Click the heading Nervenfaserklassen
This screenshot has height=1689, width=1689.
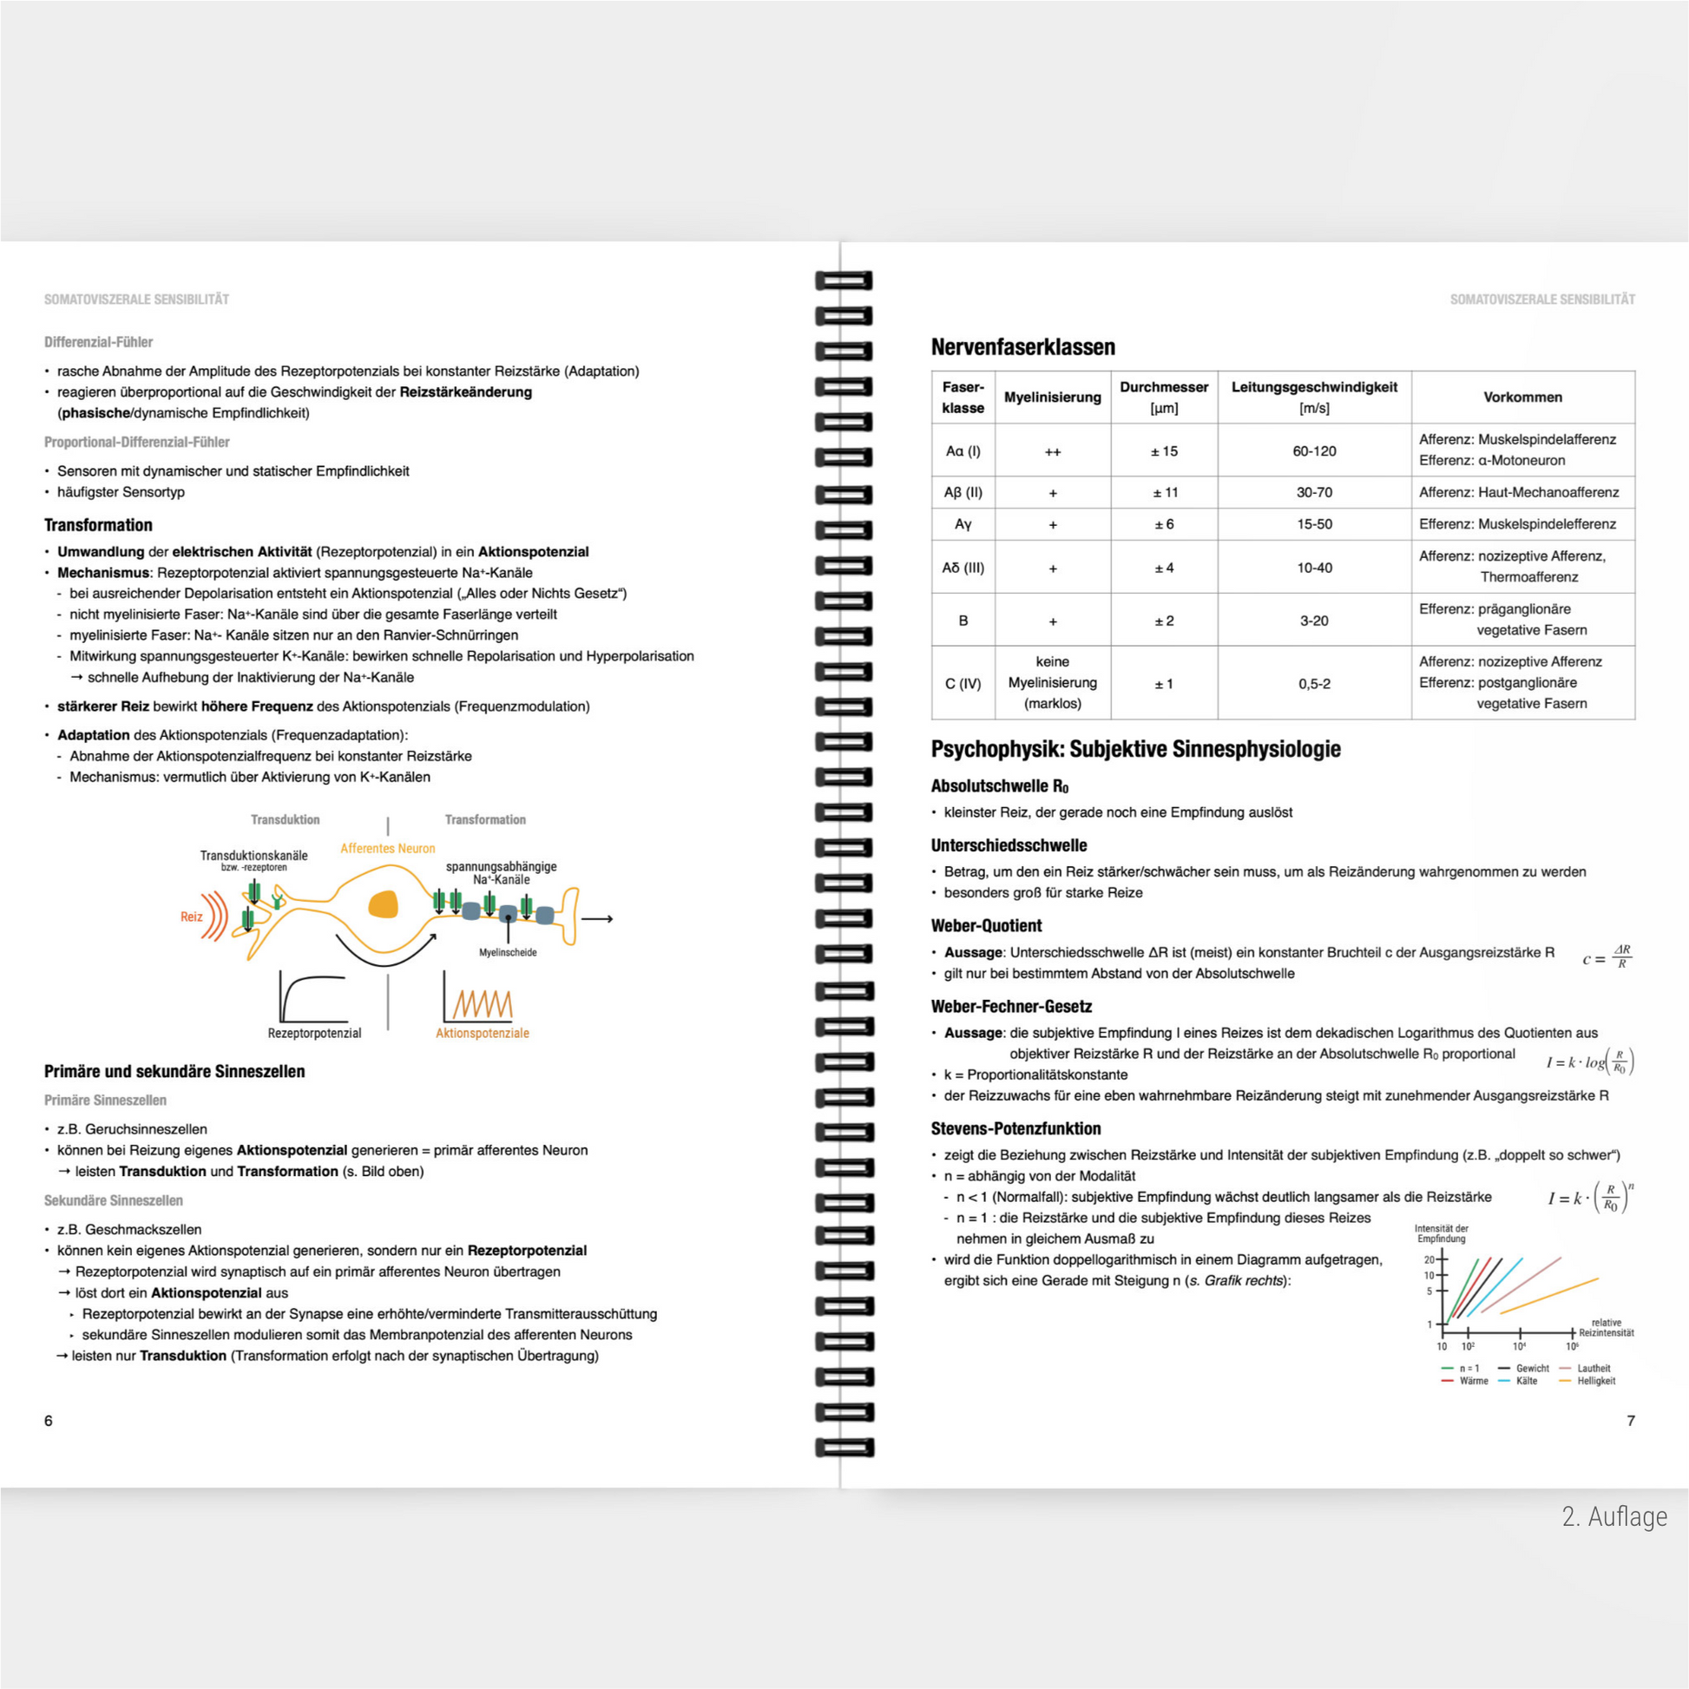1022,347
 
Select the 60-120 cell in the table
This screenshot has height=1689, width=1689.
1314,451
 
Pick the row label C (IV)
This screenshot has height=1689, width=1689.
963,684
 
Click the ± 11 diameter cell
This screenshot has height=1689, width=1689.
1165,493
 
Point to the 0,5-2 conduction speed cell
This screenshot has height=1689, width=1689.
1314,684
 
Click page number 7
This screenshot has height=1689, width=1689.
1631,1421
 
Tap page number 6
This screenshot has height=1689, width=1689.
48,1421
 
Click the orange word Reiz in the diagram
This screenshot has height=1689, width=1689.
192,917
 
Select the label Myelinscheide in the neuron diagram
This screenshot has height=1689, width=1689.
507,953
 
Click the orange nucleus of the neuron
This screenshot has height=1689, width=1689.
383,904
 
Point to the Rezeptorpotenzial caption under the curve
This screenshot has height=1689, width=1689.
314,1034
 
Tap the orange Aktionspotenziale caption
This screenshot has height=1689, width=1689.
482,1034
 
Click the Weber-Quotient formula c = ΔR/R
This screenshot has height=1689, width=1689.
1607,957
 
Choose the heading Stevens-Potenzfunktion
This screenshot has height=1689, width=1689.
1015,1128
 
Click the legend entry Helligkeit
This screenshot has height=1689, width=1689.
1595,1381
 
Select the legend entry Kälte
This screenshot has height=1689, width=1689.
1527,1381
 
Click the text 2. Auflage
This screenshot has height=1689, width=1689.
1613,1517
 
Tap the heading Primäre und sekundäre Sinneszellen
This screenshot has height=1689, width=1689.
174,1072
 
